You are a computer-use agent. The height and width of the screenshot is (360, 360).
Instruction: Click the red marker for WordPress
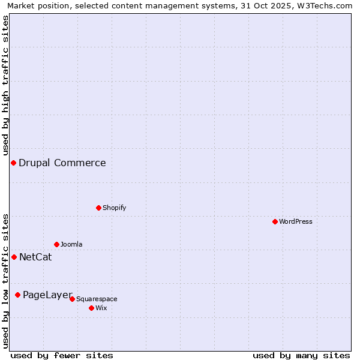point(275,221)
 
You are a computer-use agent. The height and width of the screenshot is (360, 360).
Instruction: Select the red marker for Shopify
point(98,208)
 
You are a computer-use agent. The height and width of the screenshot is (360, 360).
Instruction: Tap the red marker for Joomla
point(56,244)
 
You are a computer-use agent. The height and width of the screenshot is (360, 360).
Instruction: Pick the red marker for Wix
point(91,308)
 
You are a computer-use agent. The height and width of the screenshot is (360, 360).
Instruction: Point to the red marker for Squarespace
point(72,299)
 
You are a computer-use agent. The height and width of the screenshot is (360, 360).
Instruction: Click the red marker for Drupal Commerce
point(13,163)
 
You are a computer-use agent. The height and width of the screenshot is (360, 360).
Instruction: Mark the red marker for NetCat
point(14,257)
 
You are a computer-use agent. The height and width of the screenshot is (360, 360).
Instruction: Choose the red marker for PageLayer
point(17,295)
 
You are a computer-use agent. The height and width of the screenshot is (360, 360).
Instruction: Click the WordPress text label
point(296,221)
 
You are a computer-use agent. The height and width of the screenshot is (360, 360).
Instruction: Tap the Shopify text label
point(115,208)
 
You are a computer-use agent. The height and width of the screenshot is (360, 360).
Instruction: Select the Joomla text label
point(71,244)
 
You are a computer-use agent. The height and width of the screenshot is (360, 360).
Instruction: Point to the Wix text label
point(101,308)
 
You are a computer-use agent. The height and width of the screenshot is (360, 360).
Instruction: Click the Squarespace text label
point(97,299)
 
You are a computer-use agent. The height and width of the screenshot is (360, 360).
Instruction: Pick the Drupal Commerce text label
point(62,163)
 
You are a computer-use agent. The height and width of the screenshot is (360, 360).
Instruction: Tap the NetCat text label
point(35,257)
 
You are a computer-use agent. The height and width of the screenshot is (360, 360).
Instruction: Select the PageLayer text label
point(47,295)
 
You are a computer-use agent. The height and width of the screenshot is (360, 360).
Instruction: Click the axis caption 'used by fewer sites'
point(62,355)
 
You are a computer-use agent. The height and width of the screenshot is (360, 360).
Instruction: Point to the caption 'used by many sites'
point(301,355)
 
